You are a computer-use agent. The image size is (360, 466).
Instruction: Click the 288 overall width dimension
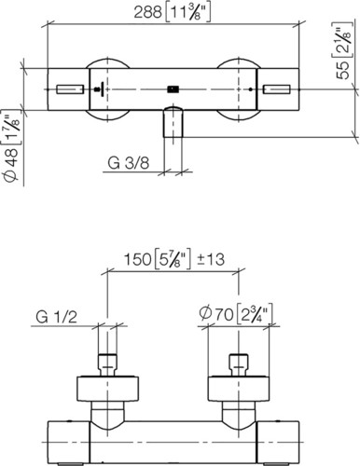[x=147, y=13]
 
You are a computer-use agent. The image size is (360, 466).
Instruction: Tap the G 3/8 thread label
[x=129, y=162]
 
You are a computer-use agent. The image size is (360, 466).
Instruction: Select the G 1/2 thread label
[x=56, y=317]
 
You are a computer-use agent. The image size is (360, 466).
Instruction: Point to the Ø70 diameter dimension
[x=216, y=315]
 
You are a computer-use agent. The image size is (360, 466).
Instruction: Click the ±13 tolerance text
[x=211, y=259]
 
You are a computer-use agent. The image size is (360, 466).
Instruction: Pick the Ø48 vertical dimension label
[x=12, y=161]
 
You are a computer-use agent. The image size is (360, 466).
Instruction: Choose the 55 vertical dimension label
[x=344, y=70]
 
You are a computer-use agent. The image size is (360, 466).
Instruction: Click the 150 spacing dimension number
[x=138, y=259]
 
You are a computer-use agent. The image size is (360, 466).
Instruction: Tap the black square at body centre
[x=173, y=89]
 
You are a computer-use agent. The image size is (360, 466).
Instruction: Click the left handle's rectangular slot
[x=70, y=89]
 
